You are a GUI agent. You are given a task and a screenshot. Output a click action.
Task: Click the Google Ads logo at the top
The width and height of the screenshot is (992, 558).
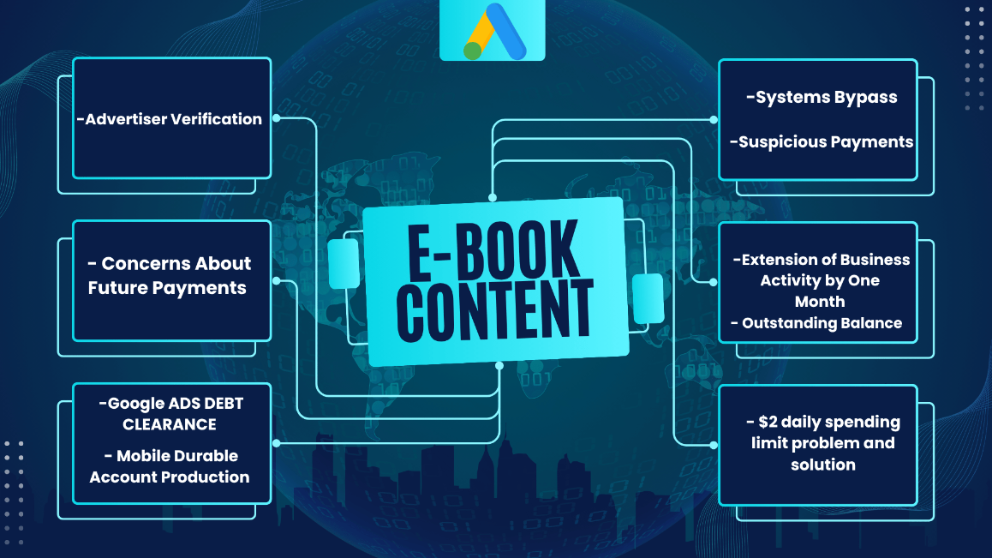click(x=493, y=30)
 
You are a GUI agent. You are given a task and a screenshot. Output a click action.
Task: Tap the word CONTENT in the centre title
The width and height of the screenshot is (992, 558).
click(x=495, y=310)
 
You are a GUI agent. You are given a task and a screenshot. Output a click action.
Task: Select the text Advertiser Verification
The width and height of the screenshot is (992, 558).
click(x=169, y=119)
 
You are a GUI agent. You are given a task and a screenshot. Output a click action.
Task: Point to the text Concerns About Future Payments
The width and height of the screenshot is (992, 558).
click(x=169, y=275)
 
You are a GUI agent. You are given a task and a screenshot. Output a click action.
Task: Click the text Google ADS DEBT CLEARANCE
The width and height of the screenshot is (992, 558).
click(x=170, y=414)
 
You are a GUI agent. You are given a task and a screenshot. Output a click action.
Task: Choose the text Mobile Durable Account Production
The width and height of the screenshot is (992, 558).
click(x=170, y=466)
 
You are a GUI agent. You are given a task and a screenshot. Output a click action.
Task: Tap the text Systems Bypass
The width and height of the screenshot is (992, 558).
click(x=822, y=97)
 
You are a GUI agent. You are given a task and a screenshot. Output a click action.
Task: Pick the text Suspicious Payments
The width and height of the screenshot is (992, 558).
click(x=822, y=142)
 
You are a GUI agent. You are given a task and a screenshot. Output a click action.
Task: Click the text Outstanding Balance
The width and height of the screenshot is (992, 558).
click(x=816, y=323)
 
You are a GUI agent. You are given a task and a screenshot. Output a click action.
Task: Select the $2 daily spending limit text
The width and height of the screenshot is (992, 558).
click(x=822, y=443)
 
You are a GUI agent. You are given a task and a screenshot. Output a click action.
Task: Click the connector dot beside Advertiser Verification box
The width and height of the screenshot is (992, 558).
click(x=277, y=117)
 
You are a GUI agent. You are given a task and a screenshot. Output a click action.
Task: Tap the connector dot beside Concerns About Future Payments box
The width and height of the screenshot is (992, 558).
click(x=277, y=280)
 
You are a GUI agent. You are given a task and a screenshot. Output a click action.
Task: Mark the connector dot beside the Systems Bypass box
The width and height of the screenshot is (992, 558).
click(x=714, y=119)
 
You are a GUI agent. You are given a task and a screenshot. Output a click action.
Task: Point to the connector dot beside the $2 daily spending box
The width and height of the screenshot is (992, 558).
click(x=714, y=445)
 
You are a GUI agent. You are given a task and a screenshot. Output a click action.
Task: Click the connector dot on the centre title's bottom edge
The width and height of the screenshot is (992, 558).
click(x=499, y=365)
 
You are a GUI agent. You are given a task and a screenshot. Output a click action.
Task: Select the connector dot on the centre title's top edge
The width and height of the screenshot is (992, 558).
click(x=493, y=198)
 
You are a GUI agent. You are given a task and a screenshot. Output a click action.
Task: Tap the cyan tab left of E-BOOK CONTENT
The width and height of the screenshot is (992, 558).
click(x=344, y=264)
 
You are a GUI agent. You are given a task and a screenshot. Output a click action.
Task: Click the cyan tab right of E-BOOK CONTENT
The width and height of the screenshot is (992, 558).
click(x=648, y=298)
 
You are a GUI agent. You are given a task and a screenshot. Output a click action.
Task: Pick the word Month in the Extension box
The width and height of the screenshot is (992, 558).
click(x=820, y=302)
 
